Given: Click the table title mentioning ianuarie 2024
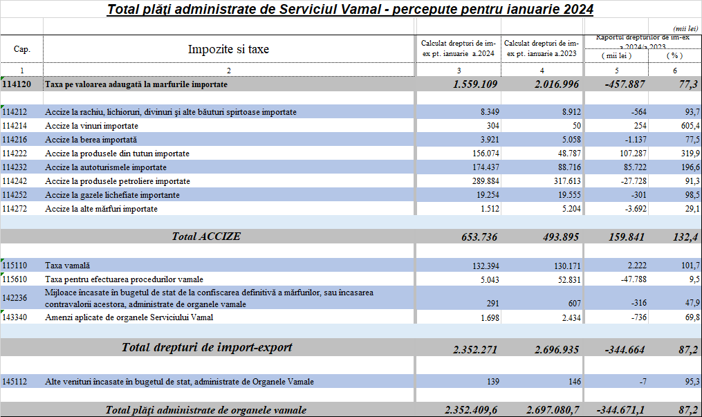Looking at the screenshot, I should (351, 10).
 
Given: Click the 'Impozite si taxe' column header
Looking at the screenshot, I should (228, 49).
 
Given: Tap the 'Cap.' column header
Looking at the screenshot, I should (21, 50).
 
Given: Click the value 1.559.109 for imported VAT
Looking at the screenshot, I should (475, 84).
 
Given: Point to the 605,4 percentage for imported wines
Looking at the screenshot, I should (685, 126).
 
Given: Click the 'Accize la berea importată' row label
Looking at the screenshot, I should (91, 140).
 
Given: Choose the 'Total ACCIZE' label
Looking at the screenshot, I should (206, 237).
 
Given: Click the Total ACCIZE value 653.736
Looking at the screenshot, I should (479, 237).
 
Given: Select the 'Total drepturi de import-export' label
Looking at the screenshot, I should (207, 347).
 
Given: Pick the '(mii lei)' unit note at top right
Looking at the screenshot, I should (685, 28).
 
